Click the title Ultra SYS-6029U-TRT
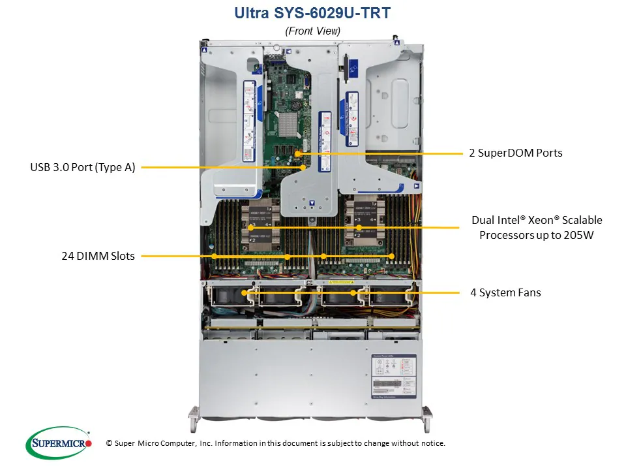click(312, 12)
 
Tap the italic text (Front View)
click(312, 31)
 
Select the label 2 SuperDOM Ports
click(515, 153)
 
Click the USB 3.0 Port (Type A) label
click(83, 167)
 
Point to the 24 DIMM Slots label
click(98, 256)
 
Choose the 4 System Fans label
click(505, 292)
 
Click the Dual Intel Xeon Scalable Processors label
click(537, 227)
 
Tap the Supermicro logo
click(58, 443)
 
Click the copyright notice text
click(275, 443)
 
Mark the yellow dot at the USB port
click(303, 167)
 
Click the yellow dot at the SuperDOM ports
click(297, 153)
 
